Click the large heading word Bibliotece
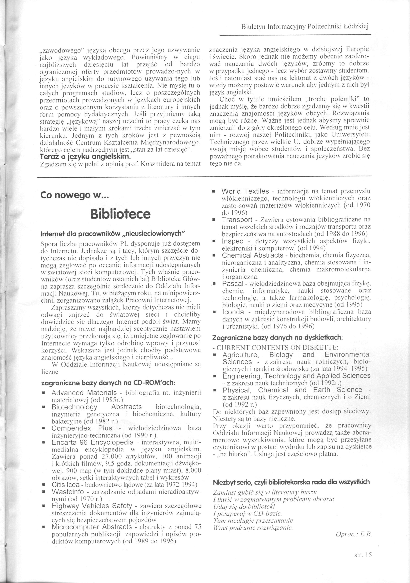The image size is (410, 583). pos(120,214)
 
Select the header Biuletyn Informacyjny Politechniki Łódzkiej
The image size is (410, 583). pos(305,26)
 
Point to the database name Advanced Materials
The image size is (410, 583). pos(84,393)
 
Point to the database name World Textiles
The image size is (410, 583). pos(245,191)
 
